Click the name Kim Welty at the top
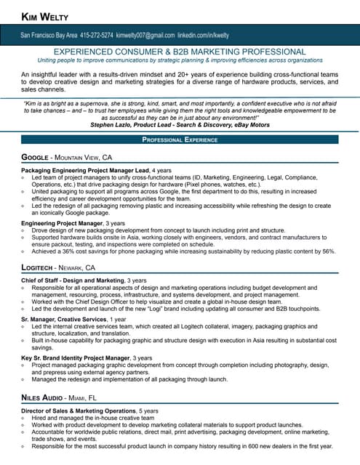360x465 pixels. [x=47, y=16]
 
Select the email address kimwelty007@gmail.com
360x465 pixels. [x=145, y=34]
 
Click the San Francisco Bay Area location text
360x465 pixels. [x=48, y=34]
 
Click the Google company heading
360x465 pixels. [x=36, y=157]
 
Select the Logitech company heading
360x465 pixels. [x=40, y=268]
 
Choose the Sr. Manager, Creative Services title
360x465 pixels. [x=64, y=319]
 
